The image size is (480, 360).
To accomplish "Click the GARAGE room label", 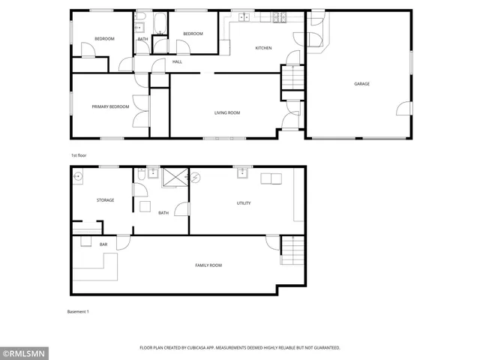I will (x=361, y=84).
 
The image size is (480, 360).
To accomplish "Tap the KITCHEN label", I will (x=263, y=49).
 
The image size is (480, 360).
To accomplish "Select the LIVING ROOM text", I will (x=227, y=112).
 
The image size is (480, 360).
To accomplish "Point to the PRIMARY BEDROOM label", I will (x=110, y=106).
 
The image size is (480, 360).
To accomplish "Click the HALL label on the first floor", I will (x=177, y=61).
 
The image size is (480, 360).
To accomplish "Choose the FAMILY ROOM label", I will (x=208, y=265).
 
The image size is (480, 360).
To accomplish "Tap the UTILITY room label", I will (x=244, y=203).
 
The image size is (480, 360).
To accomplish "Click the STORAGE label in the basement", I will (x=105, y=200).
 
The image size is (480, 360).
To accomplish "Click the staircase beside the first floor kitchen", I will (x=291, y=77).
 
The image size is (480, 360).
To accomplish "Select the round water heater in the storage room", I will (x=79, y=177).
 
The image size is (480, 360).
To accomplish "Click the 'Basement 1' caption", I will (x=77, y=311).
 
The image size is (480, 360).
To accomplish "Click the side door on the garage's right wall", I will (x=405, y=109).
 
